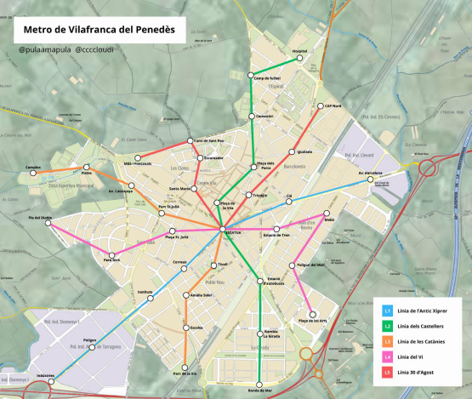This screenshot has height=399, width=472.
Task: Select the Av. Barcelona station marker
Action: click(x=371, y=179)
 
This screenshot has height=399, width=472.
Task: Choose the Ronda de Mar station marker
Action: click(x=259, y=384)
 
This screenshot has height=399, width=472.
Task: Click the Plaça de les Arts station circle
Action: click(x=313, y=314)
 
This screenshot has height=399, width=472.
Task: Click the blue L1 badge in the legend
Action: click(x=387, y=311)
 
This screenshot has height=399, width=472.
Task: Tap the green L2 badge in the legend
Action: click(x=387, y=326)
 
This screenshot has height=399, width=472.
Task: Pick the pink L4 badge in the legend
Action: click(x=387, y=356)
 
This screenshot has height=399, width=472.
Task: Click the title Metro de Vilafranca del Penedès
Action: click(x=99, y=30)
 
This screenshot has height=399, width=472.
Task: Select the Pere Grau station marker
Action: click(x=111, y=254)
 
